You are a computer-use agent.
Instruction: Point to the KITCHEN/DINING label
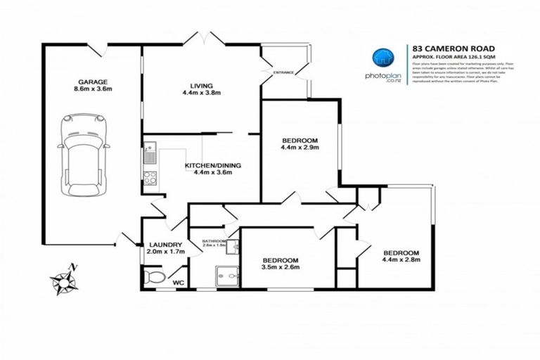[x=212, y=165]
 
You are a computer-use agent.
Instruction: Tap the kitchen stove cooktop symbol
[x=149, y=177]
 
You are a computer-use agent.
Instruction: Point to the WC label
[x=179, y=282]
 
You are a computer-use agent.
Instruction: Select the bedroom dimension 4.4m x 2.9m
[x=300, y=148]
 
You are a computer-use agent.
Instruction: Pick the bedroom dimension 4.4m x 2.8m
[x=401, y=262]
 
